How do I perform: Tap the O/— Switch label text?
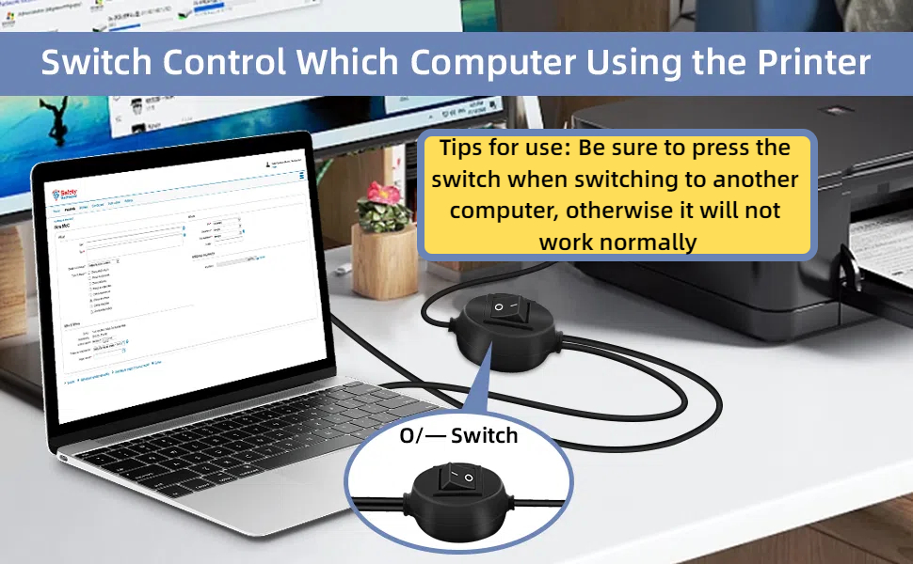[458, 435]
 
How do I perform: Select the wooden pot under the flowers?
[383, 246]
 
